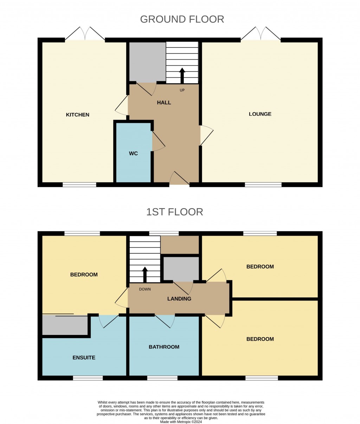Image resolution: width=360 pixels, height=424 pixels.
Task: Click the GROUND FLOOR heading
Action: [182, 19]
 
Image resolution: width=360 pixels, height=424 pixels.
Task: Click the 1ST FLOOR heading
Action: [175, 212]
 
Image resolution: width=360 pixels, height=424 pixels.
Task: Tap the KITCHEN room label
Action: [78, 115]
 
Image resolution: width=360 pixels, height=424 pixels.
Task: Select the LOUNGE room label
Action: [260, 114]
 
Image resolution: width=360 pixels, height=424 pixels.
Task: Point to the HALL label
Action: [164, 103]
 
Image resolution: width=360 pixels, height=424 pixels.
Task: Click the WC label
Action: [133, 153]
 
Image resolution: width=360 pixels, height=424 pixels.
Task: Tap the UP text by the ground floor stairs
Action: [182, 90]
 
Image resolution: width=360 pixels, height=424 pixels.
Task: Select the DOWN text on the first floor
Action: [145, 289]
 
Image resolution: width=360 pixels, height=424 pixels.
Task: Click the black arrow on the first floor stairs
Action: [144, 274]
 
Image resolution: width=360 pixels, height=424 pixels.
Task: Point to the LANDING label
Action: [179, 299]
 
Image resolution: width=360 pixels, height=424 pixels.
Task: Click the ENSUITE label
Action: [84, 357]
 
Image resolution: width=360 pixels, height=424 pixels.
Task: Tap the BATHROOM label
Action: [164, 347]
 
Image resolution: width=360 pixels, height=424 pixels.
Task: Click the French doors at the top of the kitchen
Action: [85, 34]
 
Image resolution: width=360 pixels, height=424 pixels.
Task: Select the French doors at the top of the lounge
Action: [261, 34]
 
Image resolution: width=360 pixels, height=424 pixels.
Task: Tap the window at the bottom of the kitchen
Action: [79, 184]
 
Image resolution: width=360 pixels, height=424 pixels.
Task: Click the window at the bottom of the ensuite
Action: [88, 378]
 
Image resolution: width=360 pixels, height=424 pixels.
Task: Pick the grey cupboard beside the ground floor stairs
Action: [147, 62]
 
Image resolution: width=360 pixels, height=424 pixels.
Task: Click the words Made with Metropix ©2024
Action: [181, 422]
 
